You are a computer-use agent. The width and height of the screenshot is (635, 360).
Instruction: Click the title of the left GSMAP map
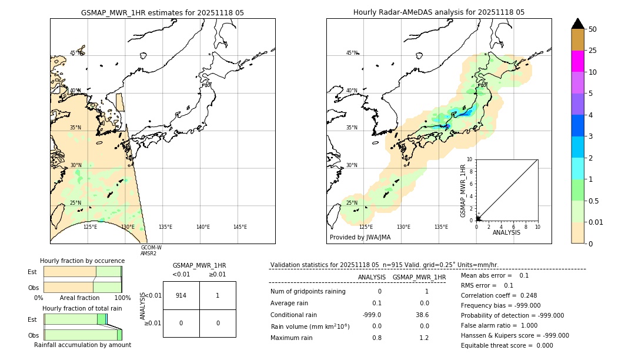(x=162, y=12)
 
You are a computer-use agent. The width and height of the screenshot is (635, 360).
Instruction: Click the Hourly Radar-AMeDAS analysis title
(x=439, y=12)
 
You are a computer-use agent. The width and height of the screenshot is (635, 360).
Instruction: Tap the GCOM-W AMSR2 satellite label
(x=151, y=251)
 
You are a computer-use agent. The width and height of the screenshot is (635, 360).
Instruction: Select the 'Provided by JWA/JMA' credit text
(x=360, y=238)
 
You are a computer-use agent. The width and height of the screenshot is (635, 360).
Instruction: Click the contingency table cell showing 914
(x=181, y=295)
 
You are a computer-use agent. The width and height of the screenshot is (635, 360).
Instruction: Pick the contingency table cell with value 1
(x=218, y=295)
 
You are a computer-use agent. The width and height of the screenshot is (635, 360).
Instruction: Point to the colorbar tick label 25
(x=593, y=51)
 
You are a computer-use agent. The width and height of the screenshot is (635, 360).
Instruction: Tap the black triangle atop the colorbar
(x=578, y=24)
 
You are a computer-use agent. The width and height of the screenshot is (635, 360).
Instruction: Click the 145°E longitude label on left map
(x=240, y=227)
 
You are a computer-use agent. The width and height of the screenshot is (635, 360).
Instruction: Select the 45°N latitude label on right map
(x=352, y=53)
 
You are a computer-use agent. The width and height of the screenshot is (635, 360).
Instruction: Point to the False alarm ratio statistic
(x=499, y=325)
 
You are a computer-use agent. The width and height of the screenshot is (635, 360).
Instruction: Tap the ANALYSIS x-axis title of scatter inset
(x=506, y=232)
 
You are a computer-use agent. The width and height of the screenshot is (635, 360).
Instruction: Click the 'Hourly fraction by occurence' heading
(x=82, y=261)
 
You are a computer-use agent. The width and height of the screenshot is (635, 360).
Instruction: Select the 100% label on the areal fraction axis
(x=122, y=298)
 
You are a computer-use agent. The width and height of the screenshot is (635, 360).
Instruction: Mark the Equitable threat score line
(x=507, y=345)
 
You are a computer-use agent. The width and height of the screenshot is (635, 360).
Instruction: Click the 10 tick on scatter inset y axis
(x=470, y=159)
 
